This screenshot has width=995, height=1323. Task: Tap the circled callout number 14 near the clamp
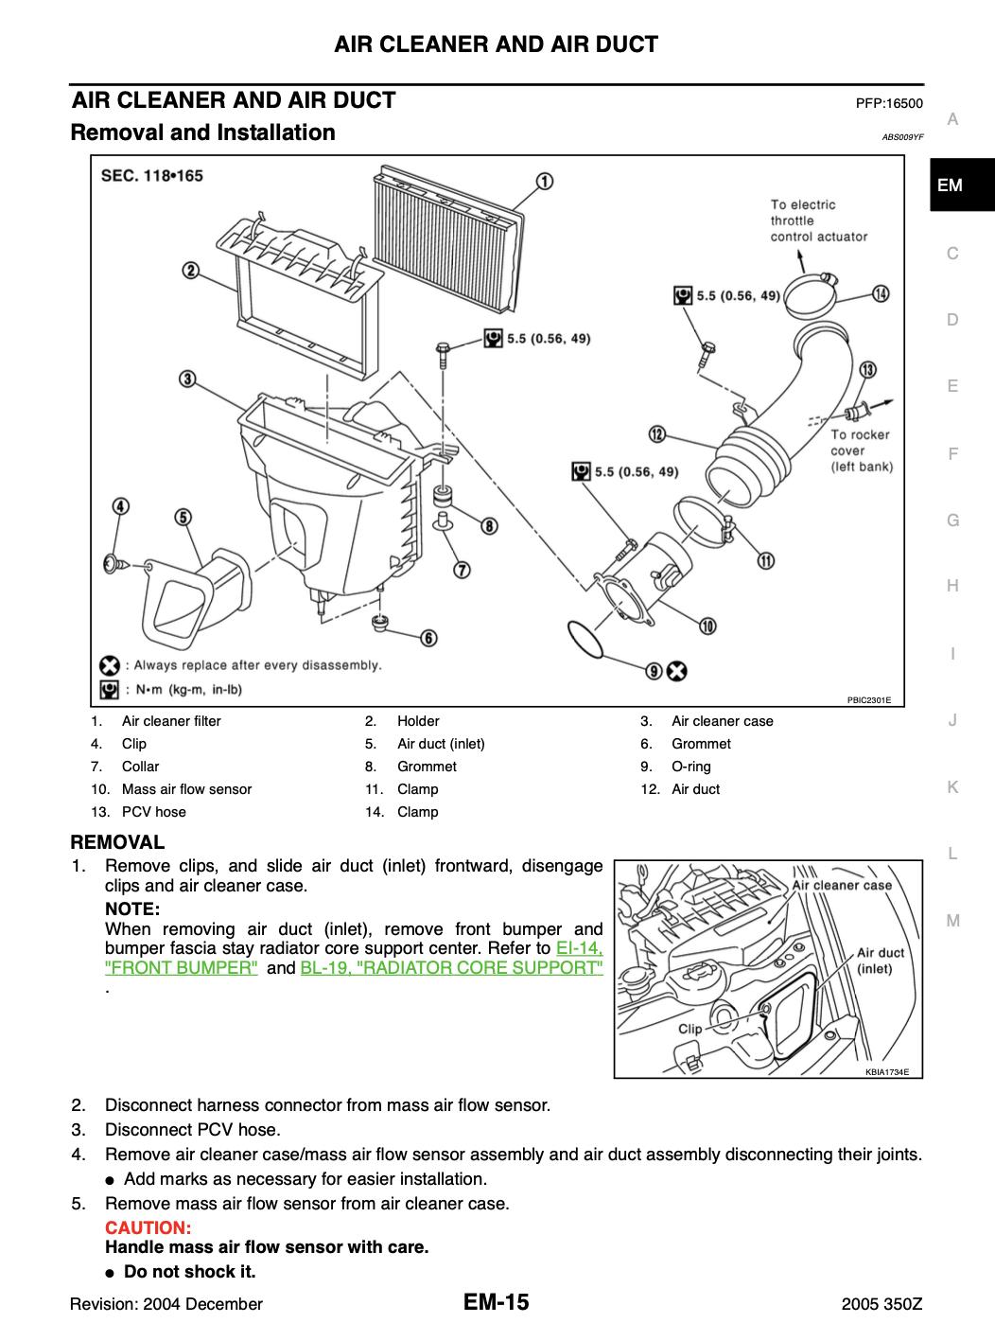(x=881, y=293)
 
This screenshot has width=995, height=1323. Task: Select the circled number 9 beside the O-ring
(x=654, y=671)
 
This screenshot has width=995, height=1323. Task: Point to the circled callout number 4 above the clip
(x=121, y=506)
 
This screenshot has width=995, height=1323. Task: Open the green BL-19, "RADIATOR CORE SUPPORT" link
(x=451, y=968)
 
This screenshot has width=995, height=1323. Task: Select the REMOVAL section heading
(x=118, y=841)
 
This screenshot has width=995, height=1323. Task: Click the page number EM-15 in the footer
(x=497, y=1303)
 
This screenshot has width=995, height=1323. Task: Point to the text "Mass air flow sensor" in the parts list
(x=187, y=789)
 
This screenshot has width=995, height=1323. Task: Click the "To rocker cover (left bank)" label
(x=861, y=450)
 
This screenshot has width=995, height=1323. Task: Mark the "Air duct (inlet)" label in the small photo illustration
(x=880, y=961)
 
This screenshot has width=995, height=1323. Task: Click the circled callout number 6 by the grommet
(x=428, y=640)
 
